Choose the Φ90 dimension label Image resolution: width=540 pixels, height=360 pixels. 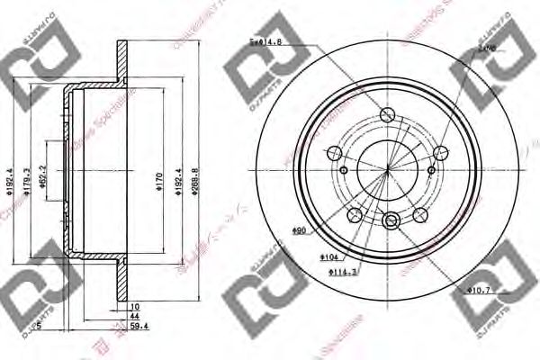[300, 232]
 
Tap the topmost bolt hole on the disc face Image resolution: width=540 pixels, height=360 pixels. [388, 114]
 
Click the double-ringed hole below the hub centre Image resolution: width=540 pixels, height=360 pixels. [392, 220]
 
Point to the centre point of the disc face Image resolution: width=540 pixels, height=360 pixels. [387, 168]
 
